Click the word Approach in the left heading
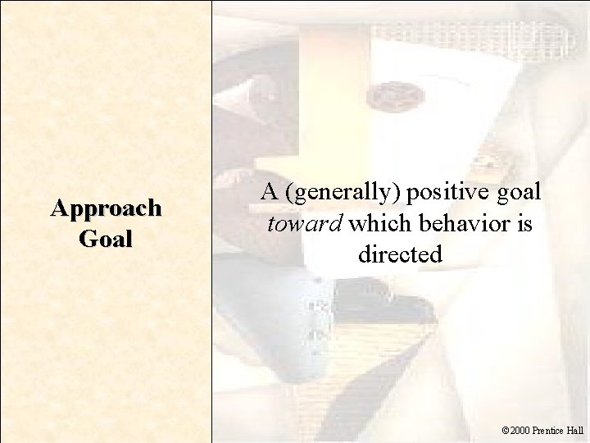coord(106,208)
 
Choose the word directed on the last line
coord(400,254)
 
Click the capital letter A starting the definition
coord(269,193)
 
